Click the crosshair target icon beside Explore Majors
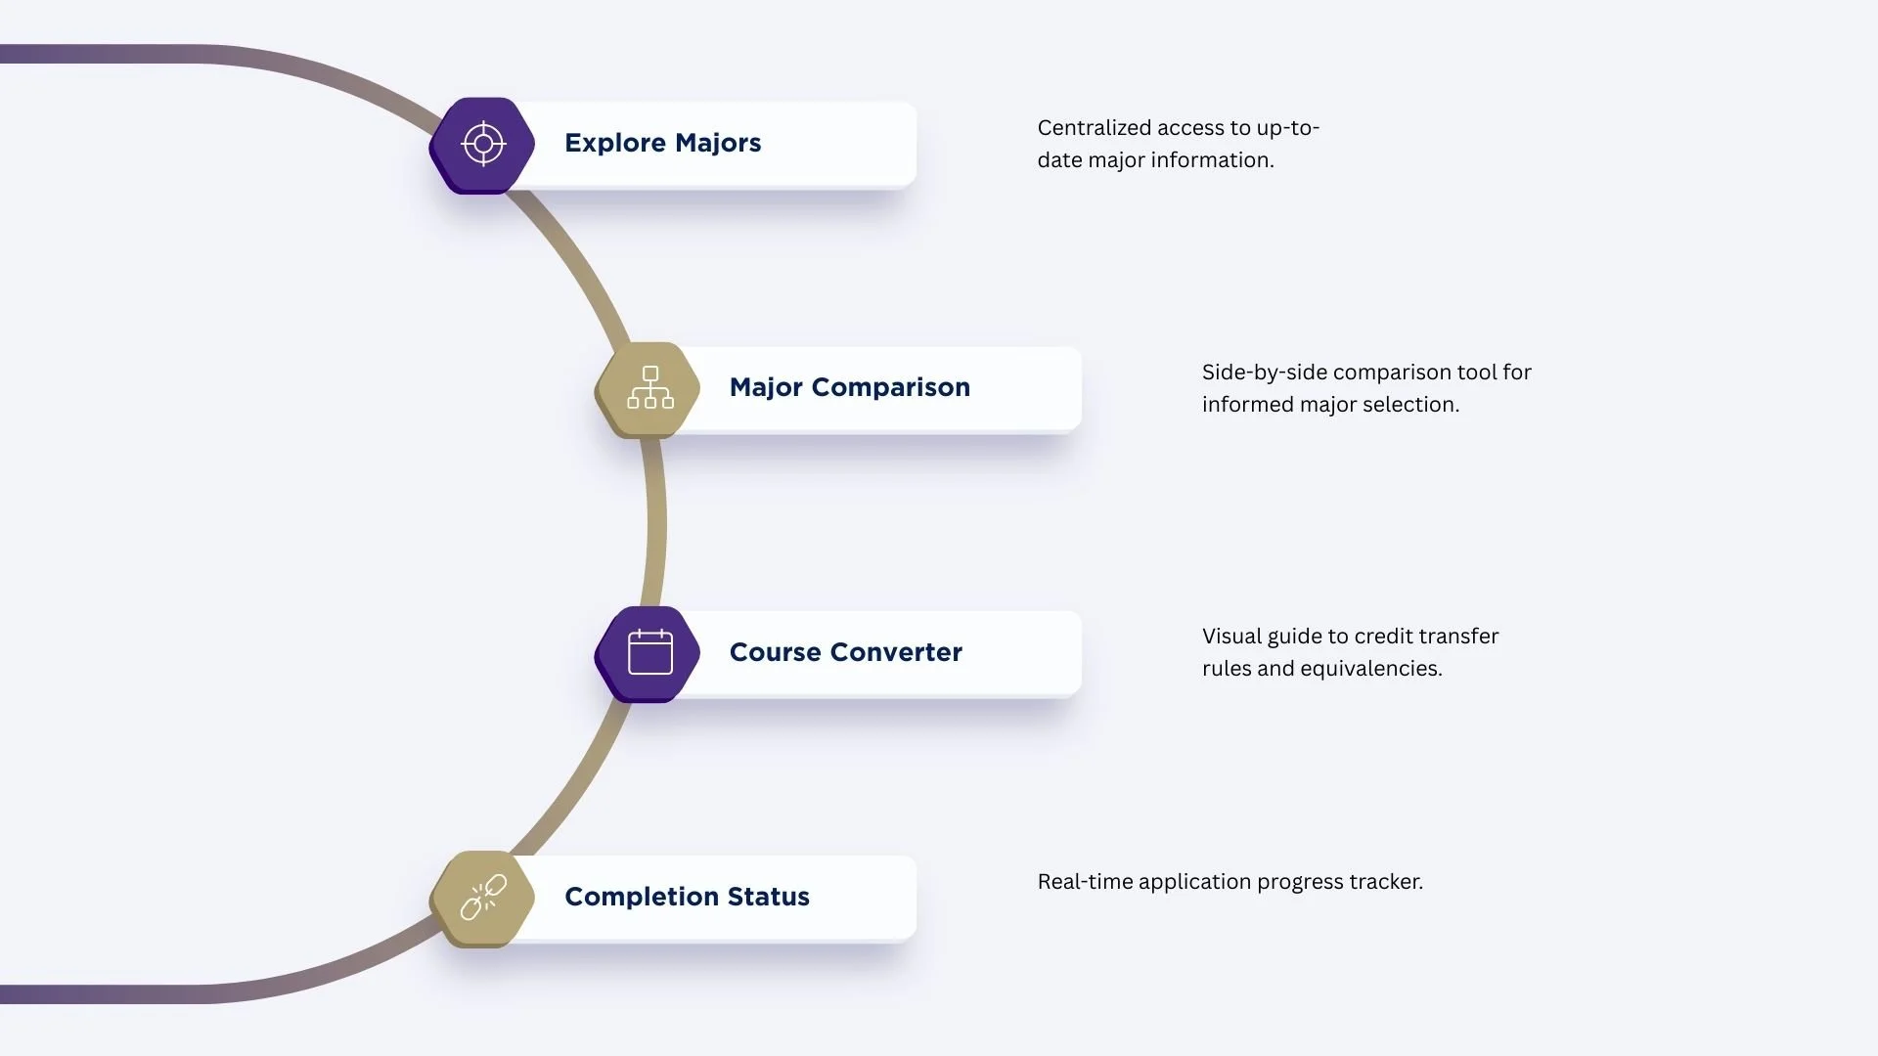[483, 145]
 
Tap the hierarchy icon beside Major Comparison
[649, 388]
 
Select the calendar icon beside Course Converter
[649, 652]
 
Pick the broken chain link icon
[483, 897]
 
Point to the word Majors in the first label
[717, 143]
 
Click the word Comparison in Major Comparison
[890, 387]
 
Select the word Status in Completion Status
[768, 897]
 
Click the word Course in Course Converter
[775, 652]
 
